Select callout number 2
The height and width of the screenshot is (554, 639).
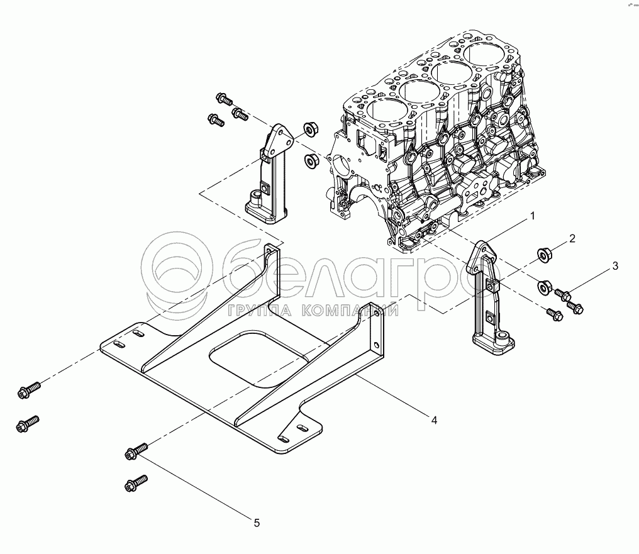click(572, 238)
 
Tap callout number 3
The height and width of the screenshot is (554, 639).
click(615, 266)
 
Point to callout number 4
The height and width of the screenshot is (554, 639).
click(435, 419)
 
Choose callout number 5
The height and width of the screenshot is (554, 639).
click(257, 523)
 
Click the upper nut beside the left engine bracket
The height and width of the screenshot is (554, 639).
click(311, 130)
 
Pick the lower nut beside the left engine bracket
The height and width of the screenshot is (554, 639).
click(311, 159)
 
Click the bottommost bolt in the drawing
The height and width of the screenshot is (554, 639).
click(136, 482)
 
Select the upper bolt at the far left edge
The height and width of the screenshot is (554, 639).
click(29, 389)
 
